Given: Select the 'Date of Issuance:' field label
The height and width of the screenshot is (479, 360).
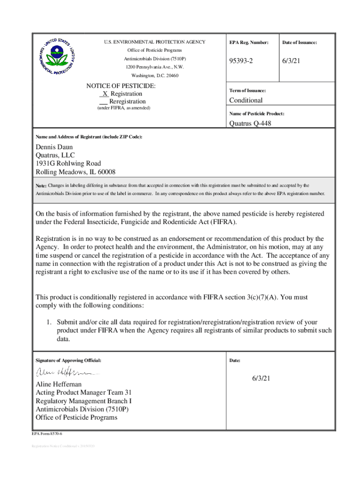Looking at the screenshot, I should (299, 43).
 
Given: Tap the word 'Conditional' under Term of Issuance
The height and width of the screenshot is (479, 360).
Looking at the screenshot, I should (246, 100).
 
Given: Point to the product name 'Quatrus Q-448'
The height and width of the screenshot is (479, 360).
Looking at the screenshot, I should (250, 123).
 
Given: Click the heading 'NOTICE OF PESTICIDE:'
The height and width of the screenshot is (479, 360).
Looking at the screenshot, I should (121, 86).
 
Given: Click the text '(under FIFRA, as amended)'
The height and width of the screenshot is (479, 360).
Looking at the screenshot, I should (123, 108).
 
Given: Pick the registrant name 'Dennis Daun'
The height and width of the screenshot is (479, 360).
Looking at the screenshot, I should (54, 147).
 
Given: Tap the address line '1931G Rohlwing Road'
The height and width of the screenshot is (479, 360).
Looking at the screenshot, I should (68, 164).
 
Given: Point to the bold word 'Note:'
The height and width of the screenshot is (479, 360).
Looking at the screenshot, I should (41, 186).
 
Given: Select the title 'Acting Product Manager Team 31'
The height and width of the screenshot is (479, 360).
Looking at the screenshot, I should (84, 393).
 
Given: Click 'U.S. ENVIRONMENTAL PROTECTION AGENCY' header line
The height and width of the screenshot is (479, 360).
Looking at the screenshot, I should (154, 42).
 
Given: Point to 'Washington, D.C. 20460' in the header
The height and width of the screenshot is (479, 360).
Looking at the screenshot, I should (155, 75).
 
